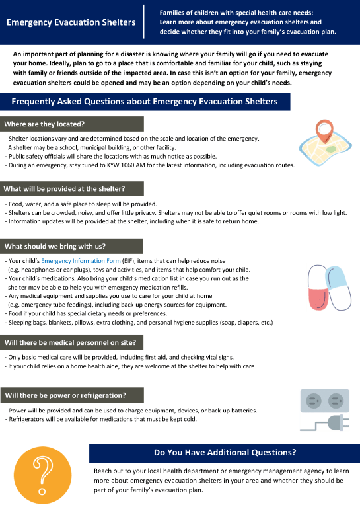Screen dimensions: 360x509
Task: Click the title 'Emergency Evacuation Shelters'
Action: click(x=71, y=22)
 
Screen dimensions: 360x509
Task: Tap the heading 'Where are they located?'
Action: click(x=44, y=124)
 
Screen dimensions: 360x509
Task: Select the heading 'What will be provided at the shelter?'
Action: click(x=64, y=189)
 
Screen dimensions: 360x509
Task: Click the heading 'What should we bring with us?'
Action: click(x=55, y=247)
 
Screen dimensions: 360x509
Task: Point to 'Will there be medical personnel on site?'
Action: click(x=70, y=342)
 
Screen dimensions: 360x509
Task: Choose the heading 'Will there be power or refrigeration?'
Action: click(x=65, y=395)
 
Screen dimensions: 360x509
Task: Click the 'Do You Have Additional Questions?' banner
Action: click(x=225, y=453)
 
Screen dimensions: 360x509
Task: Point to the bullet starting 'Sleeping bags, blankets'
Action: click(x=140, y=322)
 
